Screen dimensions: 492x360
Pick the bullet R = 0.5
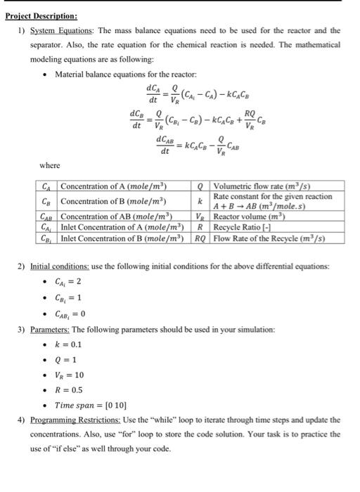point(68,389)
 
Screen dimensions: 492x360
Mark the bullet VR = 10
point(70,375)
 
